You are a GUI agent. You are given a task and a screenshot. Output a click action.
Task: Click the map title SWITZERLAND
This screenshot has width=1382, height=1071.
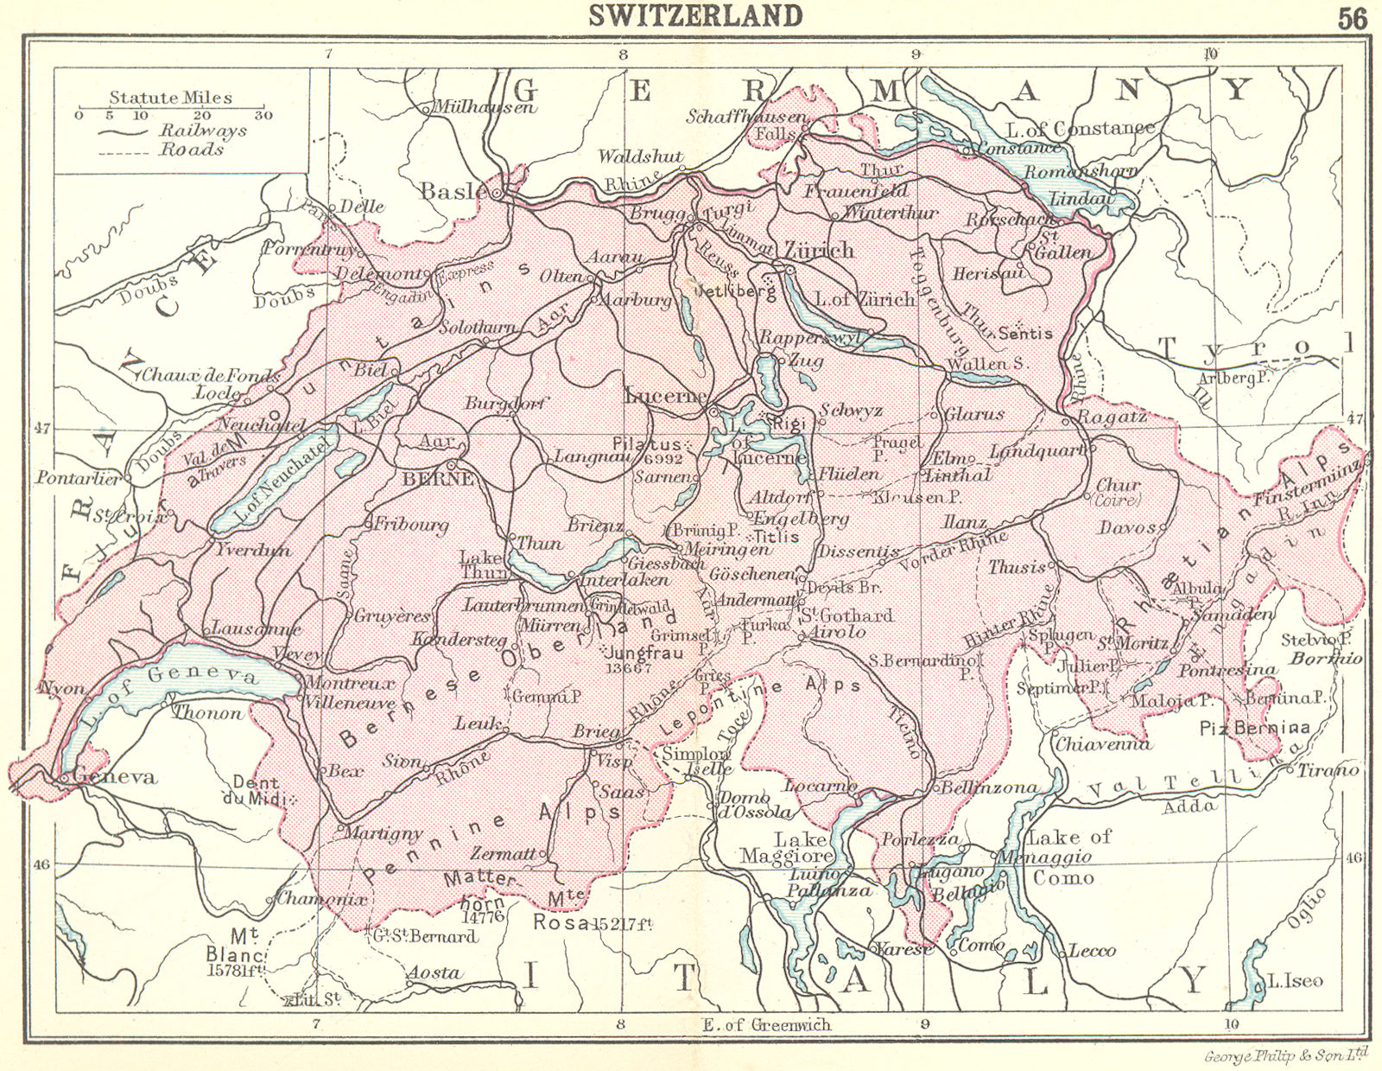[695, 16]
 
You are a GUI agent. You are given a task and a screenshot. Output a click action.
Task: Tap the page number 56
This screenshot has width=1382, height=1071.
[1353, 18]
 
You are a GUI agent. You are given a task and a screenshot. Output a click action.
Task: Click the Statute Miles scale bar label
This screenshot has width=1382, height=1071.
[171, 98]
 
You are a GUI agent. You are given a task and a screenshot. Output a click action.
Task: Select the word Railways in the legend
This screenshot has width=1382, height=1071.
[202, 131]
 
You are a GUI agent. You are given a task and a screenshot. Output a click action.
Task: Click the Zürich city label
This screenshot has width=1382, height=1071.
[818, 251]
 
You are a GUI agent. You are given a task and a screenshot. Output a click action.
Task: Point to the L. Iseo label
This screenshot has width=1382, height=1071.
[1295, 981]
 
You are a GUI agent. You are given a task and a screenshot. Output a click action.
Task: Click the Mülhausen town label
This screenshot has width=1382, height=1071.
[484, 107]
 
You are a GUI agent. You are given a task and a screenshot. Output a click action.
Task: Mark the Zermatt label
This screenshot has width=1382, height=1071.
[503, 853]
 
